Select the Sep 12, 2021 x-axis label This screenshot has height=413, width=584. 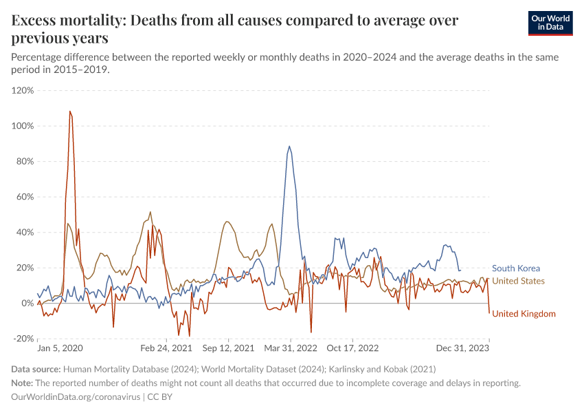click(x=228, y=348)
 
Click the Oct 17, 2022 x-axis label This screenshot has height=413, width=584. click(x=352, y=348)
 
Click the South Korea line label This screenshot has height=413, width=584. click(x=516, y=268)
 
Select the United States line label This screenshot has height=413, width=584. click(x=519, y=281)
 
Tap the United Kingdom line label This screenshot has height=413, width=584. click(x=524, y=314)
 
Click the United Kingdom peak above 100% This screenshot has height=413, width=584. click(x=70, y=112)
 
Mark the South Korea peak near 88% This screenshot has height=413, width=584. click(x=289, y=146)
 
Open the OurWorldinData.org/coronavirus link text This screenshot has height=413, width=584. click(x=76, y=397)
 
